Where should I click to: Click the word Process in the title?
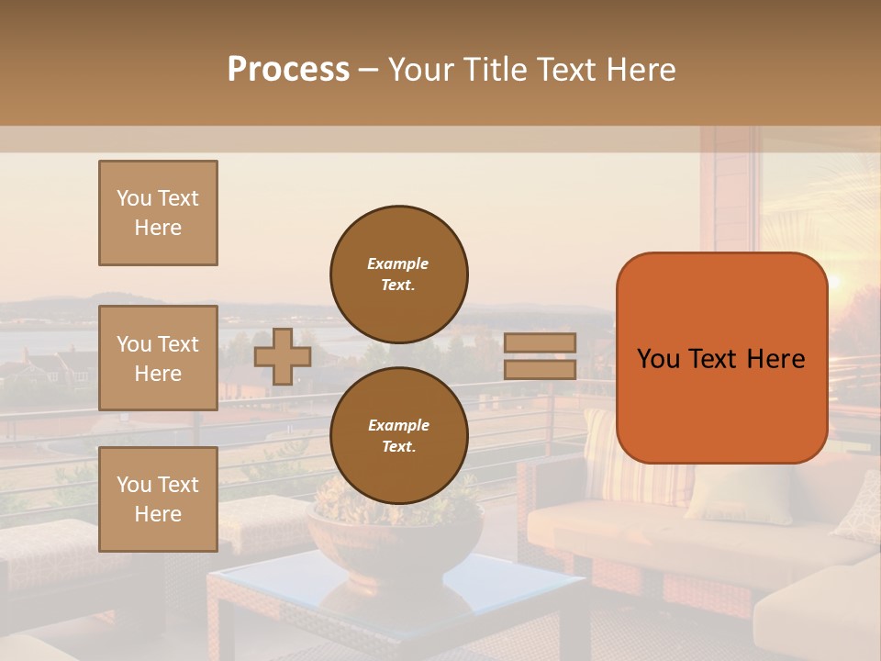click(288, 70)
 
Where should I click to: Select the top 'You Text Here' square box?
click(158, 213)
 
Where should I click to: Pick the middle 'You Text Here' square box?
click(158, 358)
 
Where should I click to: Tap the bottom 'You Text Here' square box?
click(158, 499)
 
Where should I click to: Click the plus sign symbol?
click(282, 356)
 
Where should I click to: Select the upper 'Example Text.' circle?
click(399, 274)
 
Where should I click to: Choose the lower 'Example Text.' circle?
click(399, 435)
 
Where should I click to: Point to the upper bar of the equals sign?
click(540, 343)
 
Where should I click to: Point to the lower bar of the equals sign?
click(540, 370)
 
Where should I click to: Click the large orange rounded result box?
click(721, 358)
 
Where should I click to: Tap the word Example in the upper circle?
click(398, 263)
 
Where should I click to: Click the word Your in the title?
click(420, 70)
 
